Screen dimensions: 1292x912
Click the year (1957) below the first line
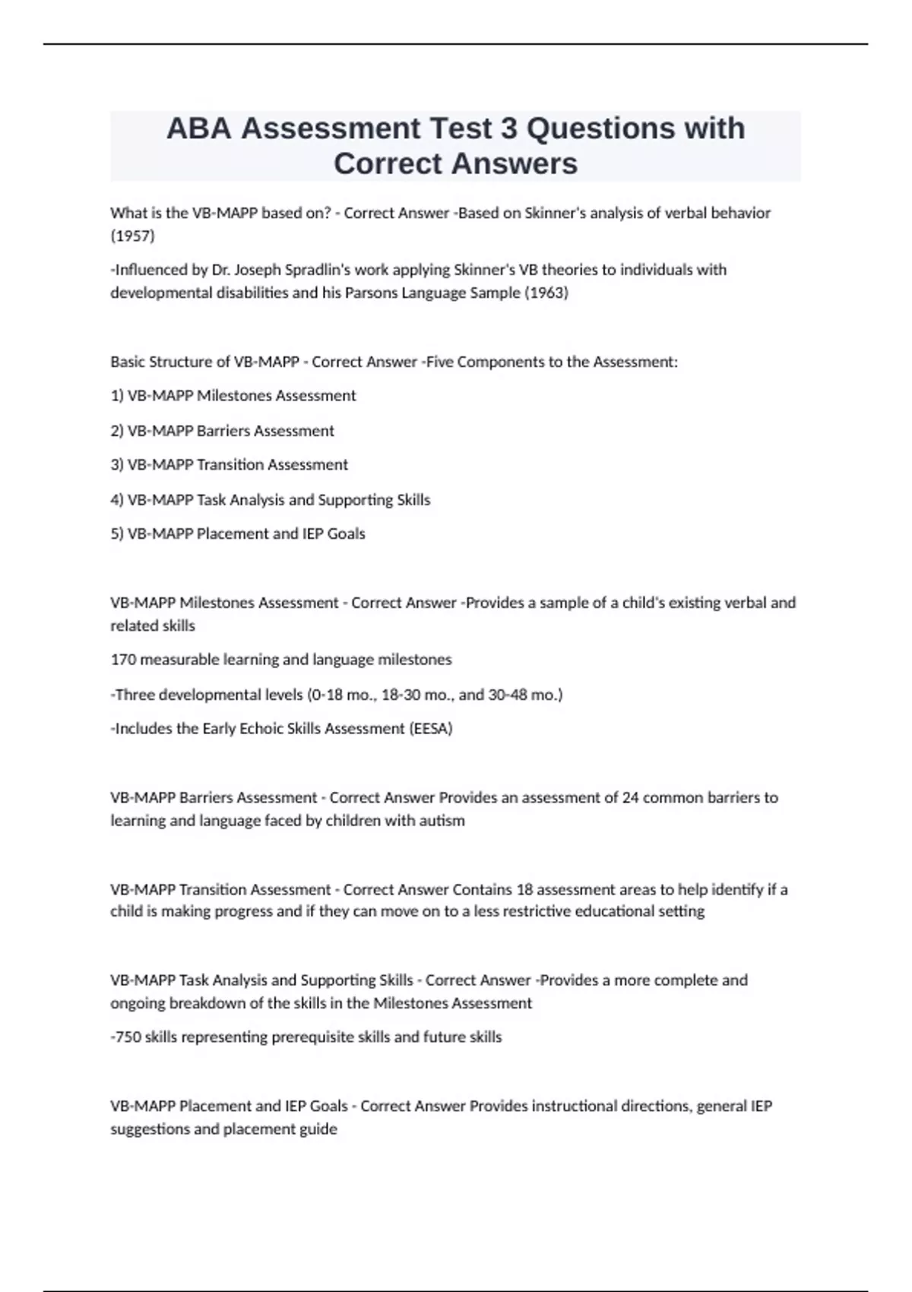click(132, 236)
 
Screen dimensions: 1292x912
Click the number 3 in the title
click(508, 128)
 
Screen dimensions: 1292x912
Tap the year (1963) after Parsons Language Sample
click(546, 293)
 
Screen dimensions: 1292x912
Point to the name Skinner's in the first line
click(556, 213)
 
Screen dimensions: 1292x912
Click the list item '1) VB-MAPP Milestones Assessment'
click(233, 396)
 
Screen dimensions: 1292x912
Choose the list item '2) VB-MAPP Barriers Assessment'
click(222, 431)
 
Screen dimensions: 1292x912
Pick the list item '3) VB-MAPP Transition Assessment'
click(229, 464)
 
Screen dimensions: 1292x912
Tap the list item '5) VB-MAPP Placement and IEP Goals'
click(237, 534)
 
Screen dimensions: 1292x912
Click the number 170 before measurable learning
click(123, 660)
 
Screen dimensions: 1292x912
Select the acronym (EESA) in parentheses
click(431, 729)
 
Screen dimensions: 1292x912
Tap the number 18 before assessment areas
click(524, 889)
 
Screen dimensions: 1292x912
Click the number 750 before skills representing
click(128, 1037)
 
